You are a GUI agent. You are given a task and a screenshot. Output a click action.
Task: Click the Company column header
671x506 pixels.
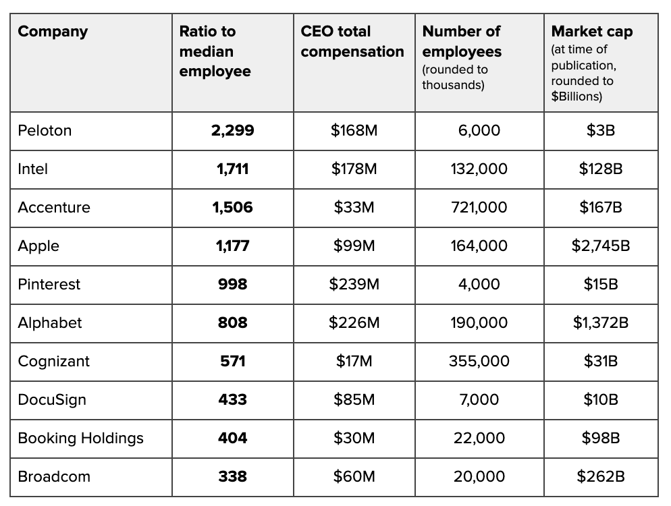tap(53, 32)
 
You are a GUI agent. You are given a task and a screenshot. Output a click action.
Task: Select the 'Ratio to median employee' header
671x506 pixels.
tap(215, 51)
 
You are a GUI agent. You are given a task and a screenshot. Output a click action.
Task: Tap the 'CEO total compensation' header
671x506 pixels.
tap(352, 41)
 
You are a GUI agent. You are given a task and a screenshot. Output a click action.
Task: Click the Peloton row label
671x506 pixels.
tap(45, 131)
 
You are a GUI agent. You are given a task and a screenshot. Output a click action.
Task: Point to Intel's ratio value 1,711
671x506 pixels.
tap(232, 169)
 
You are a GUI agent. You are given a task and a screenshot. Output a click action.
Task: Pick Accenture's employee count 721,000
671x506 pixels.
tap(479, 208)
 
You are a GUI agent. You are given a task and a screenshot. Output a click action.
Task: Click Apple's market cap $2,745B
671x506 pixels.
tap(600, 246)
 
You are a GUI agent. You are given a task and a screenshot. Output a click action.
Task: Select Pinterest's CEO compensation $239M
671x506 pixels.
tap(354, 285)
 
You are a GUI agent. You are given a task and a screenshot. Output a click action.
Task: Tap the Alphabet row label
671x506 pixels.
tap(50, 323)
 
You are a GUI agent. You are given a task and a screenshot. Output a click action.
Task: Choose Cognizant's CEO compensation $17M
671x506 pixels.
tap(354, 362)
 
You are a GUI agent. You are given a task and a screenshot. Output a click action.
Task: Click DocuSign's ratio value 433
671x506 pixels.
tap(232, 400)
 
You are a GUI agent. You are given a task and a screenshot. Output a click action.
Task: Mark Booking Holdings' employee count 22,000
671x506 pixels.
tap(479, 439)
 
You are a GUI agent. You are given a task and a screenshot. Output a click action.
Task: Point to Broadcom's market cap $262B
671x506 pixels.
tap(600, 477)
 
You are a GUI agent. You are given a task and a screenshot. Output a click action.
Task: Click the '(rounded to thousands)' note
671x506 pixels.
tap(455, 77)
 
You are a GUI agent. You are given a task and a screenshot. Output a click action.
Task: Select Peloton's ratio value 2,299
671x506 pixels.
tap(232, 131)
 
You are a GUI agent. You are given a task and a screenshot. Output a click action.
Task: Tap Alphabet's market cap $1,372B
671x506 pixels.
tap(600, 323)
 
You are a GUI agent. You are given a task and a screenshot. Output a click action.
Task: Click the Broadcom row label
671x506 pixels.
tap(54, 477)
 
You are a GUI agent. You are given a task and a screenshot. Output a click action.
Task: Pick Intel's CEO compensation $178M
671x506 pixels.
tap(354, 169)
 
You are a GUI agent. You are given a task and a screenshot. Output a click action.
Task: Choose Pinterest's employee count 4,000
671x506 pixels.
tap(479, 285)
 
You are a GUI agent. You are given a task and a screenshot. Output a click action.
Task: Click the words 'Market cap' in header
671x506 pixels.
tap(592, 32)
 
